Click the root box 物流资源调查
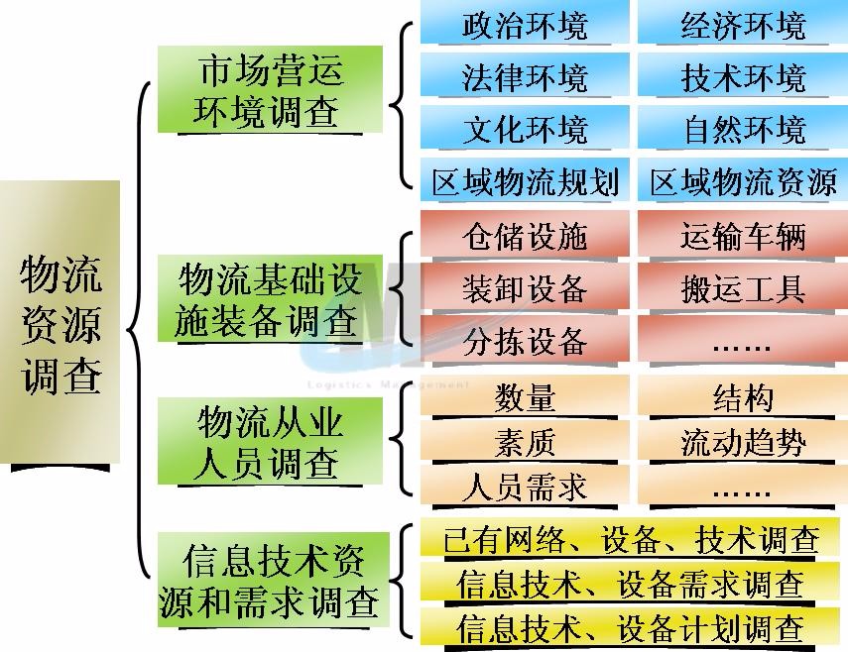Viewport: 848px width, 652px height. click(x=60, y=321)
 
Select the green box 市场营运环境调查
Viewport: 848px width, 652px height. click(x=270, y=89)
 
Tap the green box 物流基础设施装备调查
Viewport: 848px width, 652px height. click(x=270, y=298)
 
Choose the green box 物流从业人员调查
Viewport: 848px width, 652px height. click(x=270, y=441)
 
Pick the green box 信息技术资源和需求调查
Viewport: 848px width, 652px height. click(x=273, y=580)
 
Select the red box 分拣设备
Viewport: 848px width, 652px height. click(x=525, y=339)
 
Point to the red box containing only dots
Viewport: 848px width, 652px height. click(x=743, y=339)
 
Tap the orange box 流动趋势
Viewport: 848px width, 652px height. click(x=743, y=441)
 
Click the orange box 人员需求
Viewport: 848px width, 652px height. click(x=525, y=487)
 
